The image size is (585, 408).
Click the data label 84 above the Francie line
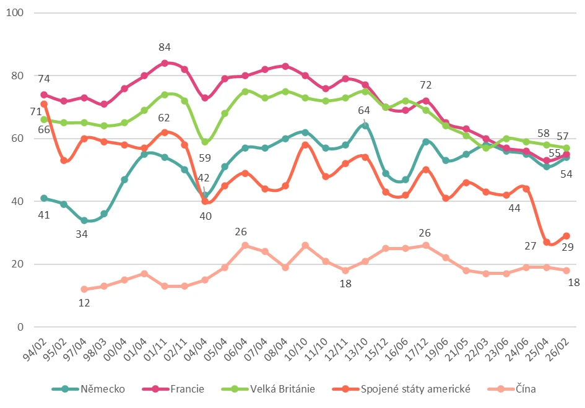click(164, 47)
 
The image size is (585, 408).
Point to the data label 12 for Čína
click(84, 303)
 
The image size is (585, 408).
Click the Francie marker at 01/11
click(165, 63)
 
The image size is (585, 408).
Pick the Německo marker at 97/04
click(84, 220)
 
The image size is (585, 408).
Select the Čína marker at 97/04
click(84, 289)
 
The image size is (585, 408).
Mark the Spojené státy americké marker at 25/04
click(547, 242)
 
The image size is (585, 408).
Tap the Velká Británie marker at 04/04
click(205, 142)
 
